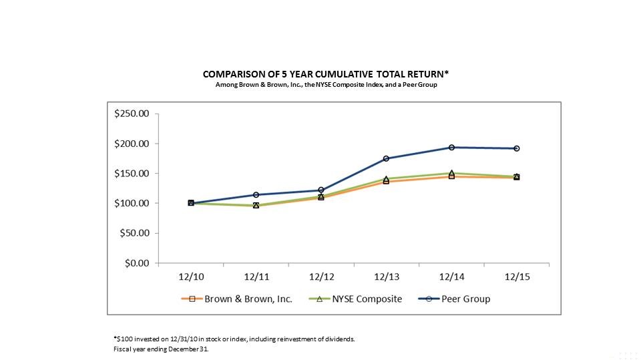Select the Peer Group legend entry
tap(454, 299)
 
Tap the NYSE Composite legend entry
tap(355, 299)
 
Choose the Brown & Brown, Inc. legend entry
tap(236, 299)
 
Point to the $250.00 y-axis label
tap(132, 114)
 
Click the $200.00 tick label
tap(132, 144)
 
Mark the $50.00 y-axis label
tap(134, 233)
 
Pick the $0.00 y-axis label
tap(137, 262)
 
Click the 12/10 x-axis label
tap(191, 277)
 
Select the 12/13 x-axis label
tap(387, 277)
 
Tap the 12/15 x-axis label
tap(517, 277)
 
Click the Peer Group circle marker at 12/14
tap(452, 147)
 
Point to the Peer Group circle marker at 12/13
tap(387, 159)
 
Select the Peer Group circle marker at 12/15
tap(517, 148)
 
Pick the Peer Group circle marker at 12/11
tap(256, 195)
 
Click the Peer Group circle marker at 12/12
tap(321, 190)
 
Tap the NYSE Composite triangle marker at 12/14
tap(452, 173)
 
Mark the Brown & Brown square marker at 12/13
tap(387, 181)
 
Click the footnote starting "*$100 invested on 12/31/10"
tap(234, 339)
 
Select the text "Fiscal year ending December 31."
tap(161, 349)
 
